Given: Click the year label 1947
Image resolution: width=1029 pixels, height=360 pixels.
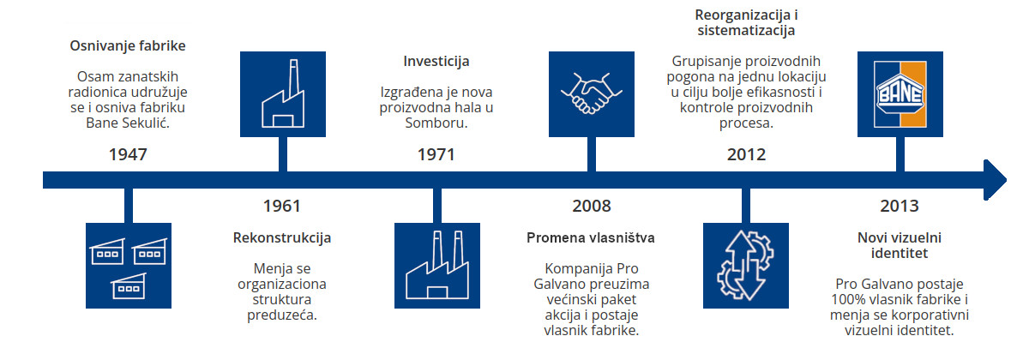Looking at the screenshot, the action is click(128, 154).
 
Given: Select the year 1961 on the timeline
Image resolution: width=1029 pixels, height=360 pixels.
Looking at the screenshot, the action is click(282, 206).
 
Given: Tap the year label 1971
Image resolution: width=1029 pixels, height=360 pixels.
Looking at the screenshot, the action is click(436, 154).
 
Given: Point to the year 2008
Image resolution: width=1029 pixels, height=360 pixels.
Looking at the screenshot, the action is click(592, 206).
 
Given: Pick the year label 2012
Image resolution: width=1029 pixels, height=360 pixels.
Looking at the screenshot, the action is click(747, 154).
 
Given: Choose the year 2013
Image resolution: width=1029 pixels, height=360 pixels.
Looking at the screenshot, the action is click(900, 206).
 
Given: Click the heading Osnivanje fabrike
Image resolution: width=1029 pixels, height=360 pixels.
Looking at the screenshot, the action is click(128, 45).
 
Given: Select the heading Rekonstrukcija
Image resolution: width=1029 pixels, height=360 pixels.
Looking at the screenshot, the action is click(282, 237).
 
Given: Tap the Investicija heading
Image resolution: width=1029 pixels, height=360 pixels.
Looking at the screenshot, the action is click(436, 61).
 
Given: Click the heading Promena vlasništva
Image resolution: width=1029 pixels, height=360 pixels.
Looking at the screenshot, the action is click(591, 237).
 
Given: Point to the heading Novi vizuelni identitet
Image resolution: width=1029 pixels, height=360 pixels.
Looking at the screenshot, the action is click(900, 245).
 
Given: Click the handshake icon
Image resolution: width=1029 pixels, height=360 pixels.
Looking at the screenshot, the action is click(592, 94).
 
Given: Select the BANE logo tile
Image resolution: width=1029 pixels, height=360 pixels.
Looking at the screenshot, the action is click(900, 94).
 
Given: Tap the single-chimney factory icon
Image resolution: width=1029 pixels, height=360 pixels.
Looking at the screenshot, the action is click(283, 94).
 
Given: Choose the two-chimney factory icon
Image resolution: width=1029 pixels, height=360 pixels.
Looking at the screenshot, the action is click(437, 266).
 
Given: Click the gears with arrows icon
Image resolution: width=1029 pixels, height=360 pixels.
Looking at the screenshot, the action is click(746, 266).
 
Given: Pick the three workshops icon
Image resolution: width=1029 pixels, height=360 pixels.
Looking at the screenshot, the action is click(129, 266).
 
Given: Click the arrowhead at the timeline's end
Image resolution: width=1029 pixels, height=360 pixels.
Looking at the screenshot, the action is click(995, 179).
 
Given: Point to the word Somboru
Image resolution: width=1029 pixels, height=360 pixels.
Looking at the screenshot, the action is click(436, 123).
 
